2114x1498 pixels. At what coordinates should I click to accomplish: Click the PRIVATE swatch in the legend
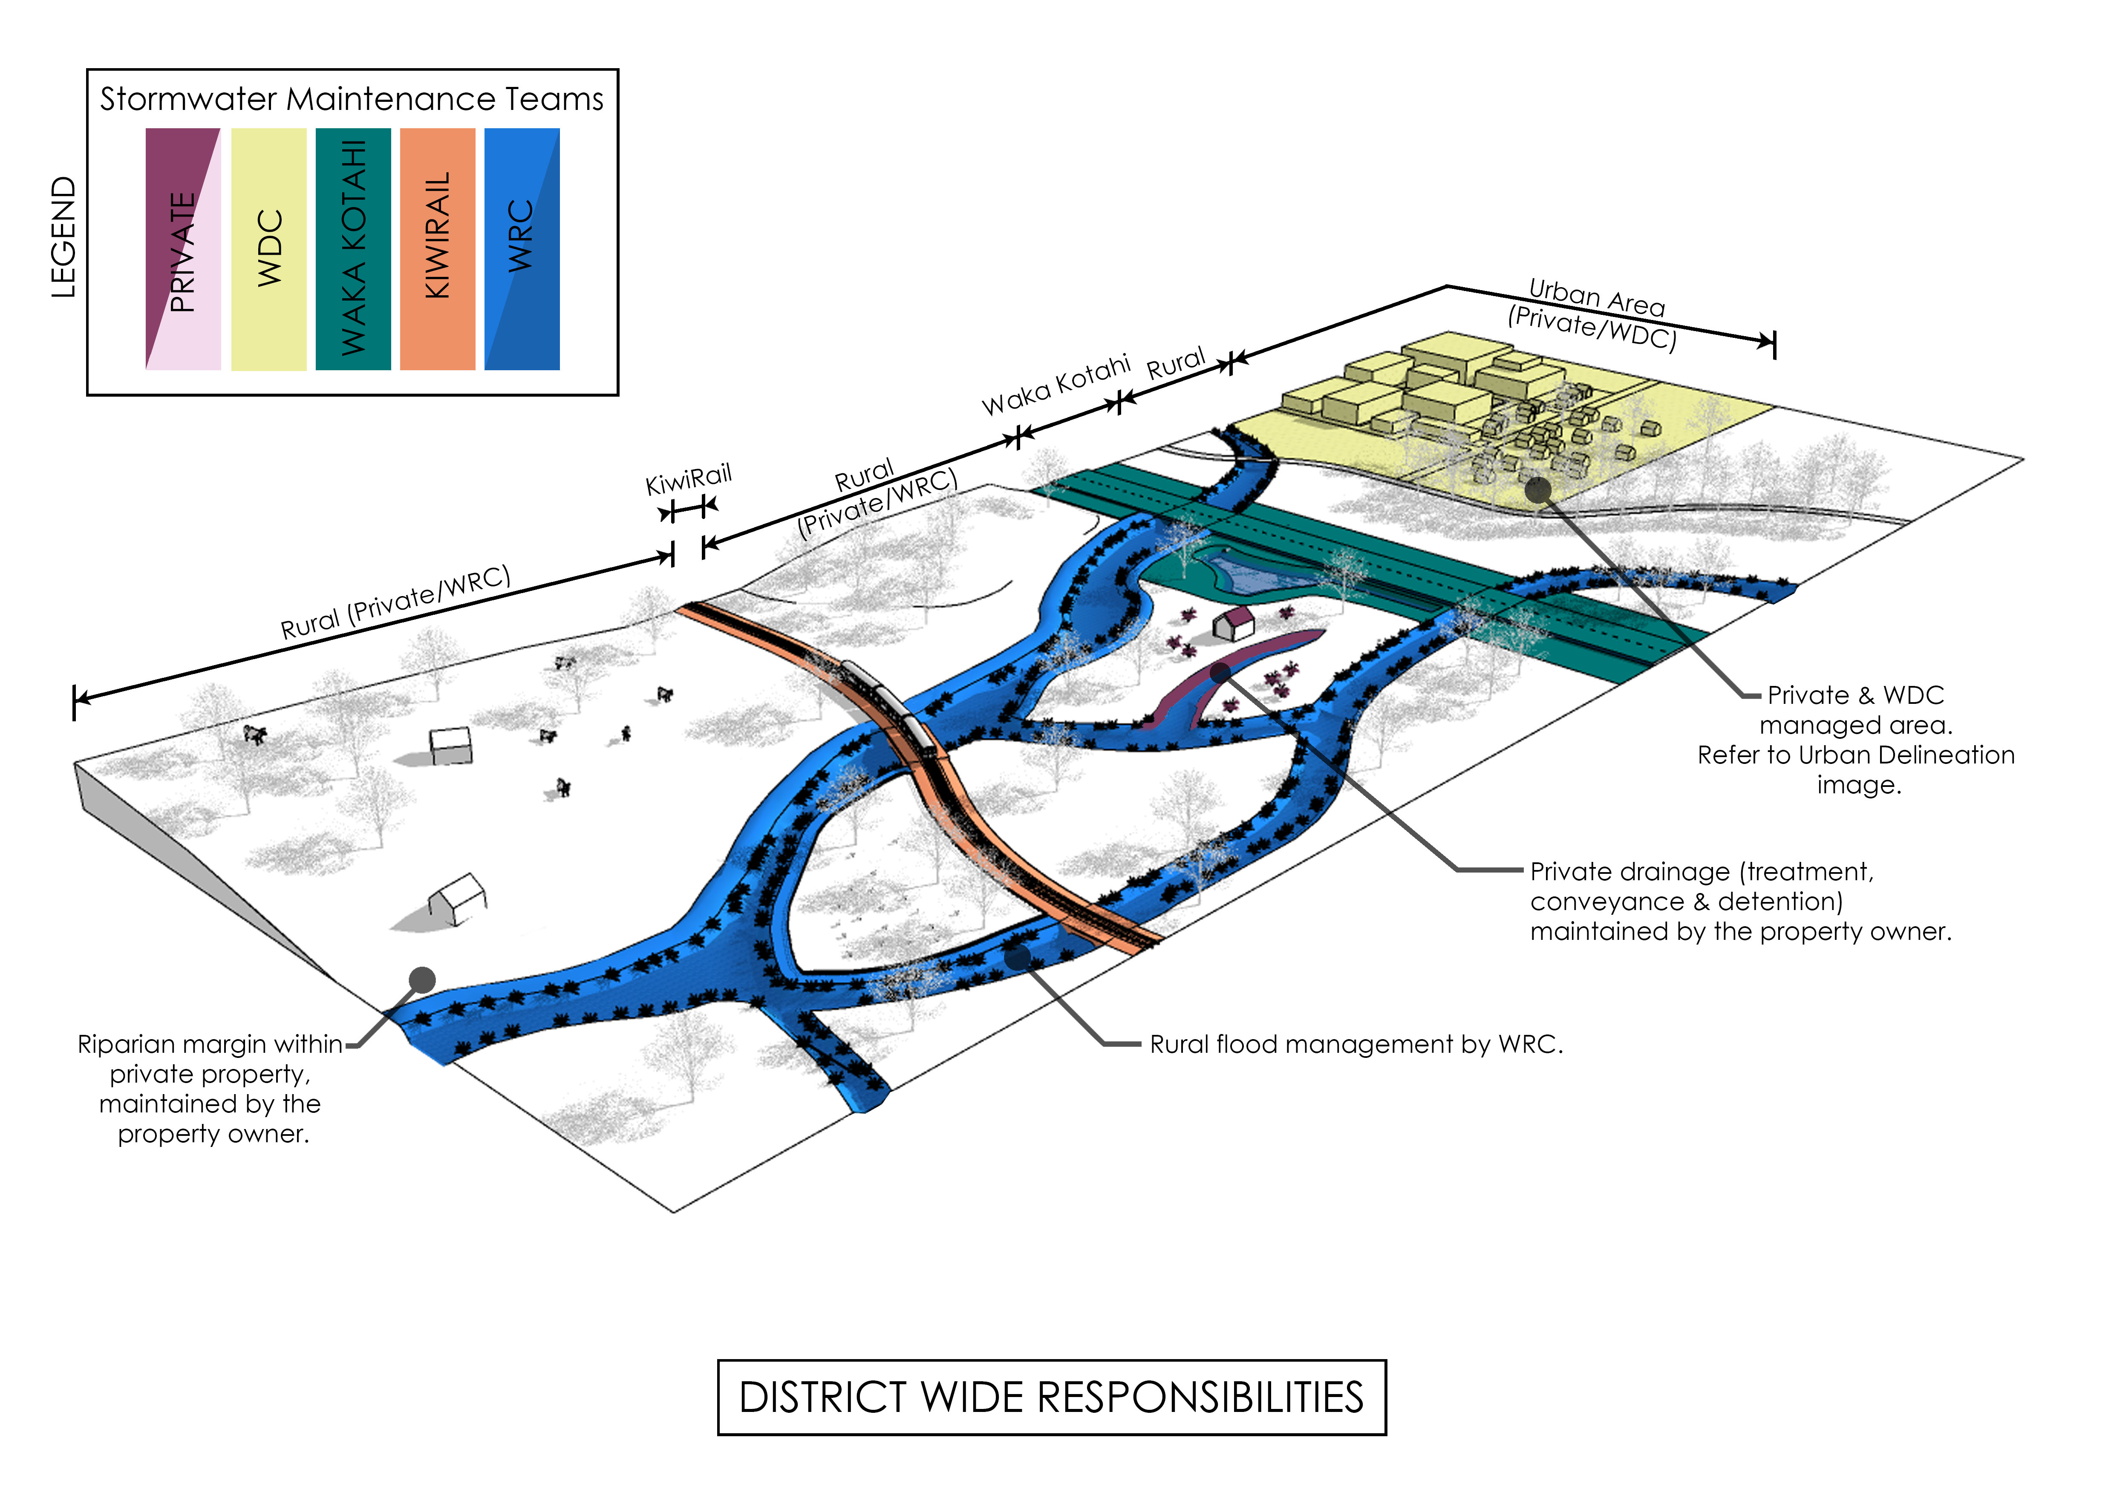click(x=183, y=249)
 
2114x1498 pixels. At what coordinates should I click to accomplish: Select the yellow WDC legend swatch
click(x=268, y=249)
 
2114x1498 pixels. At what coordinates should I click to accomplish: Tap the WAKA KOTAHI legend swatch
click(x=353, y=249)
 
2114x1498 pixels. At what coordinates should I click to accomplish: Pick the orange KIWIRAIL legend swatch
click(x=437, y=249)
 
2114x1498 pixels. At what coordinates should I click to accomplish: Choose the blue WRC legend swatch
click(x=522, y=249)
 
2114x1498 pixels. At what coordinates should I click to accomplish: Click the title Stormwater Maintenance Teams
click(x=352, y=99)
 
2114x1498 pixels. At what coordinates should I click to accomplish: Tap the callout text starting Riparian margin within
click(x=211, y=1089)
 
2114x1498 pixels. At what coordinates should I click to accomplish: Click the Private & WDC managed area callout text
click(x=1856, y=740)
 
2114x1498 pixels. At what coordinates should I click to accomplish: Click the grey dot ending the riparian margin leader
click(x=422, y=979)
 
